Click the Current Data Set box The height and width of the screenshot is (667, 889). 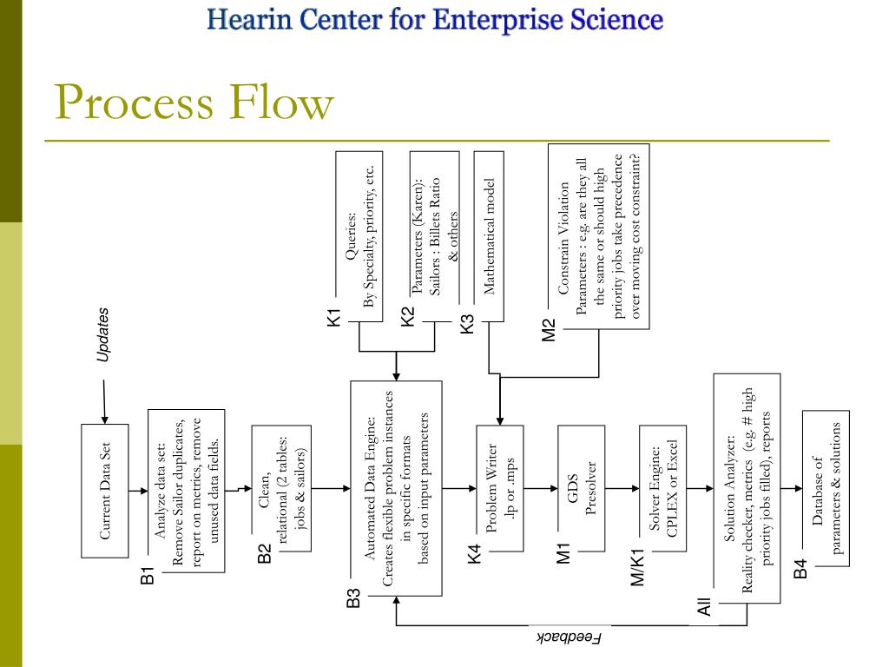(x=104, y=491)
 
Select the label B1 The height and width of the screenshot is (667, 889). (x=148, y=573)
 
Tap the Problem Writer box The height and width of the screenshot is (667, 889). (x=500, y=488)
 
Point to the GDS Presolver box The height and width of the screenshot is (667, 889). (x=581, y=488)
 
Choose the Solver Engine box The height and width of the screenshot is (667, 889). (x=662, y=488)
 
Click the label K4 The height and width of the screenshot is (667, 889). (x=474, y=553)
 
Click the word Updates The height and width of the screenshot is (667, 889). (x=103, y=334)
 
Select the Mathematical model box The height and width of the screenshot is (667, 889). (x=489, y=236)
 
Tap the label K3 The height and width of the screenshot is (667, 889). (x=468, y=324)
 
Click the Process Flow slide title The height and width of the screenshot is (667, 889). (x=194, y=102)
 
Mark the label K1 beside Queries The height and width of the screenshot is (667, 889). (x=334, y=318)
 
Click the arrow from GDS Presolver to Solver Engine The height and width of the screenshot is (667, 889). (x=622, y=489)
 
